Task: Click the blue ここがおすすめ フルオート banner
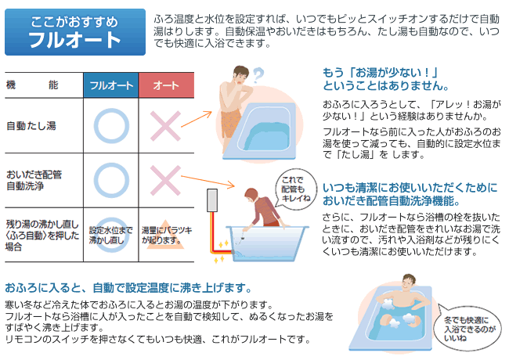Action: pyautogui.click(x=75, y=32)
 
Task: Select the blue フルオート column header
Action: pyautogui.click(x=111, y=85)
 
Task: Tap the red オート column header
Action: pyautogui.click(x=166, y=85)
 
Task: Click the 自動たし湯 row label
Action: pyautogui.click(x=31, y=125)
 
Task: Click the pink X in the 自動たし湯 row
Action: pyautogui.click(x=165, y=126)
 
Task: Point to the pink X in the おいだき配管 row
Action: pyautogui.click(x=165, y=181)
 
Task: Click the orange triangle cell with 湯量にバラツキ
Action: pyautogui.click(x=165, y=236)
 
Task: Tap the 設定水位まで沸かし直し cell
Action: pyautogui.click(x=111, y=236)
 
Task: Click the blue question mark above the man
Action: pyautogui.click(x=258, y=75)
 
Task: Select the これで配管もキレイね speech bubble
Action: pyautogui.click(x=294, y=189)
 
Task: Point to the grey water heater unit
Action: pyautogui.click(x=212, y=200)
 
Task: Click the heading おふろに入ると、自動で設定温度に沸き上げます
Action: pyautogui.click(x=128, y=287)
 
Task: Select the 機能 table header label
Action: pyautogui.click(x=32, y=85)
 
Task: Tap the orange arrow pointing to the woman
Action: pyautogui.click(x=208, y=181)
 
